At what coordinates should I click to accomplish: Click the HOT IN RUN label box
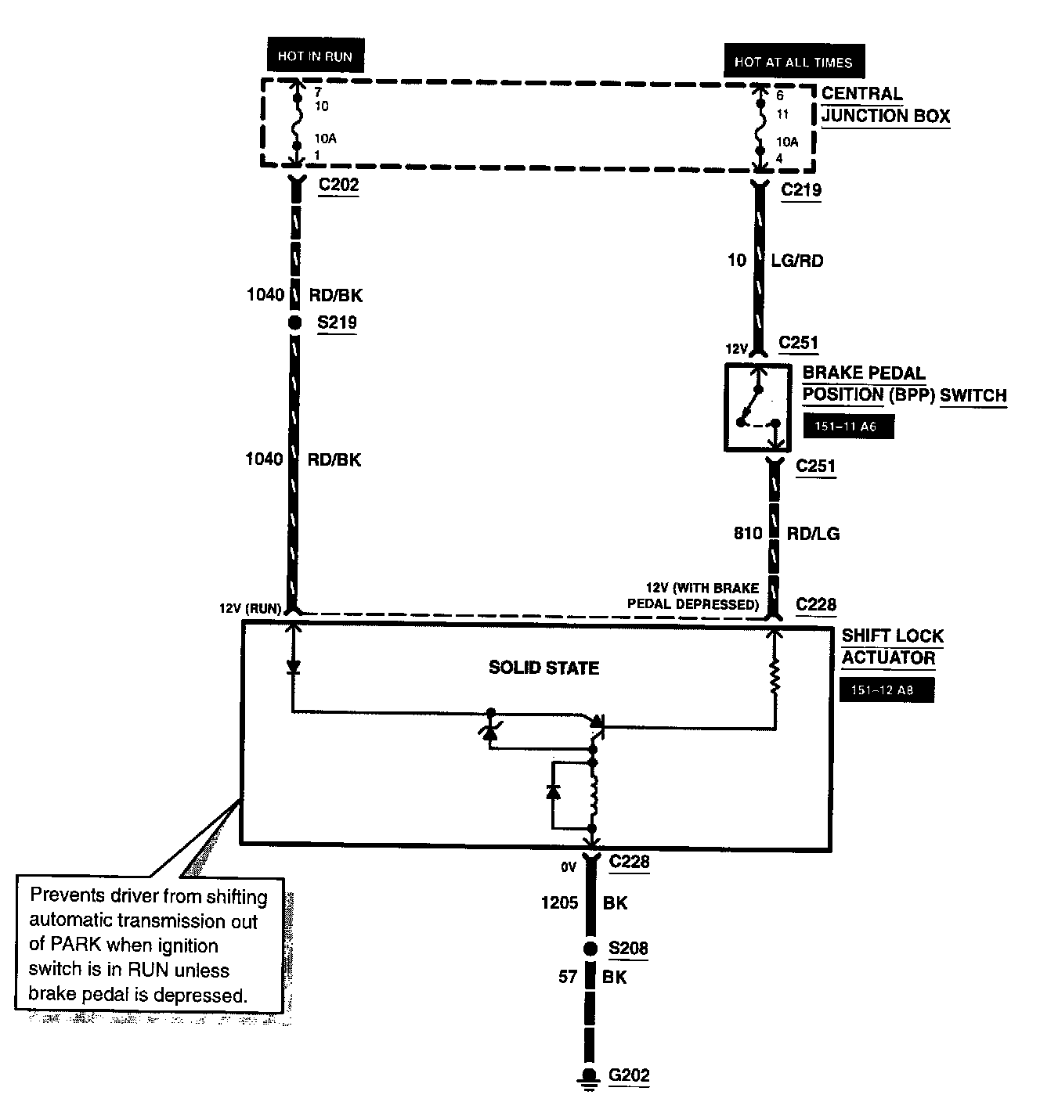(x=316, y=56)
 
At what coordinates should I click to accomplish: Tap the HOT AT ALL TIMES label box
(x=793, y=62)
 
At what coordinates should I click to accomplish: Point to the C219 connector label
(x=801, y=190)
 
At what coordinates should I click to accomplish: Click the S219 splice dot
(x=294, y=322)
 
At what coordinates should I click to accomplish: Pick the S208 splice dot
(x=591, y=949)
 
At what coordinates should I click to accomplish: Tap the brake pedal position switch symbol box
(x=757, y=407)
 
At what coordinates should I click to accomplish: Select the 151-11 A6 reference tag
(x=848, y=427)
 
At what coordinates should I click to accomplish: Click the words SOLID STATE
(x=543, y=668)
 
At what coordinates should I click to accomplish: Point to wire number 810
(x=748, y=534)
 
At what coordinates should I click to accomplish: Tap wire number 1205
(x=559, y=903)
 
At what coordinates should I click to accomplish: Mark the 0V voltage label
(x=568, y=866)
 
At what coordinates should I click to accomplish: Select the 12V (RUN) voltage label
(x=251, y=609)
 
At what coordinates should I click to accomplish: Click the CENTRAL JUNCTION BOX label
(x=885, y=105)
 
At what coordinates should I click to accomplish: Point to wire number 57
(x=568, y=977)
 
